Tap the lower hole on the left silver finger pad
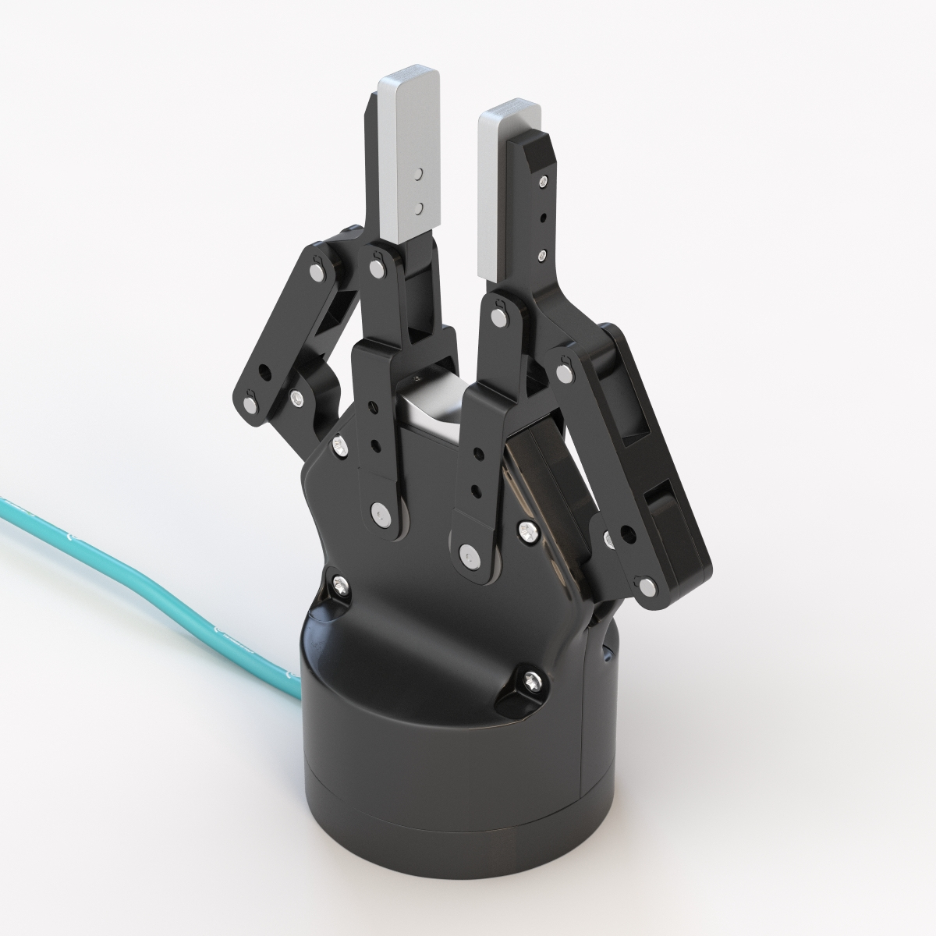pyautogui.click(x=419, y=207)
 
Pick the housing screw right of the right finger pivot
pyautogui.click(x=527, y=530)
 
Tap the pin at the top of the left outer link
pyautogui.click(x=316, y=270)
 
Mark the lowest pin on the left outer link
pyautogui.click(x=251, y=403)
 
